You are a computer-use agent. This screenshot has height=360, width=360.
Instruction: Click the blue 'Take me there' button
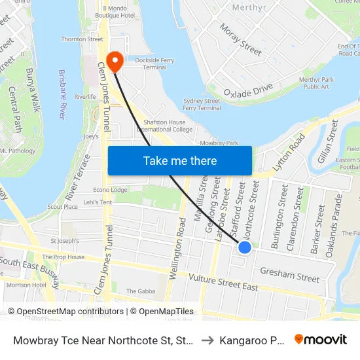[x=180, y=160]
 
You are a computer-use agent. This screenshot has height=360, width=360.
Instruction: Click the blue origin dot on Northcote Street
[x=245, y=247]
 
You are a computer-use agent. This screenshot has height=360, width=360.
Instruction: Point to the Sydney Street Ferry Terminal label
[x=202, y=105]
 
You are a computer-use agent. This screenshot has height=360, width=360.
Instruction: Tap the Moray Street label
[x=241, y=40]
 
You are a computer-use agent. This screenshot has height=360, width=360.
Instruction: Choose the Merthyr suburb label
[x=249, y=8]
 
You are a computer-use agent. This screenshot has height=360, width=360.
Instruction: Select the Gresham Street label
[x=290, y=274]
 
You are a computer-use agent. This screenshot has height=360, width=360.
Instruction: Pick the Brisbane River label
[x=63, y=94]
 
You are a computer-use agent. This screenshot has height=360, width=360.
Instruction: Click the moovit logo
[x=321, y=339]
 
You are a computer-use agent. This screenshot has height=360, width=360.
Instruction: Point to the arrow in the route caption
[x=207, y=340]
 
